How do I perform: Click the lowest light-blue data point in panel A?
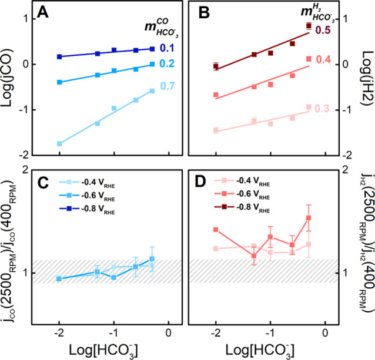coord(59,143)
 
